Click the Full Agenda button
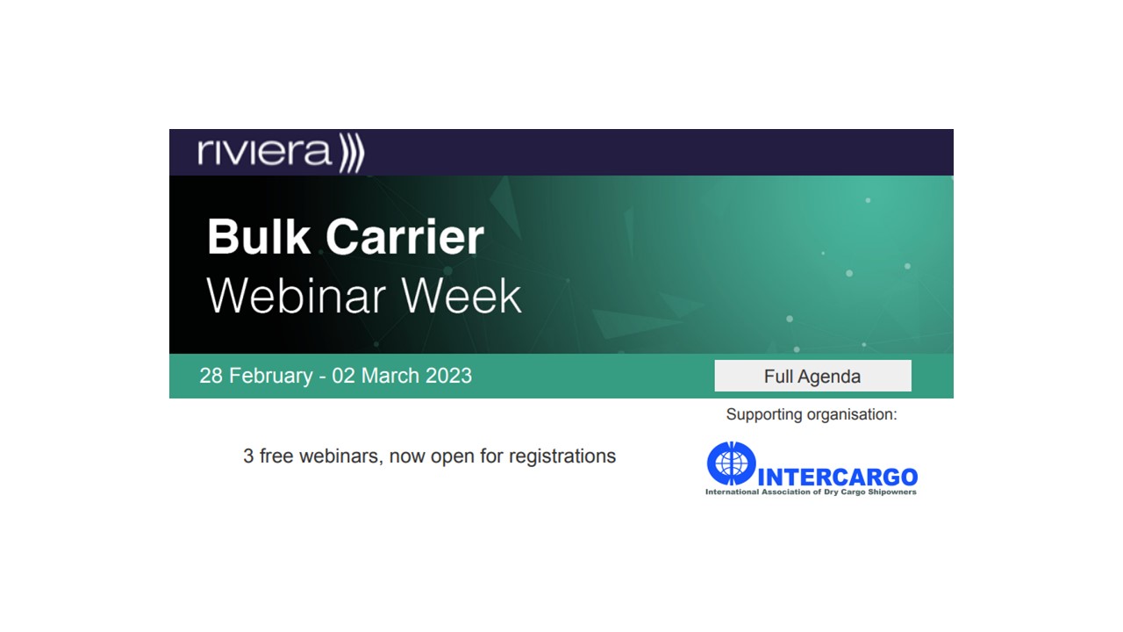(x=812, y=376)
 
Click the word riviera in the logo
(x=265, y=152)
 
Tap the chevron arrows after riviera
(x=352, y=154)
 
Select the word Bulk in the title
(x=259, y=237)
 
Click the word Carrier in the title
(x=404, y=237)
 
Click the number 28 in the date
(x=211, y=376)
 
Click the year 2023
(x=449, y=376)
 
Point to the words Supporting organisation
(x=812, y=414)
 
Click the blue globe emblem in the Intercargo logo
(x=731, y=463)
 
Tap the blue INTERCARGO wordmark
(x=836, y=478)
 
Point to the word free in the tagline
(x=276, y=456)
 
